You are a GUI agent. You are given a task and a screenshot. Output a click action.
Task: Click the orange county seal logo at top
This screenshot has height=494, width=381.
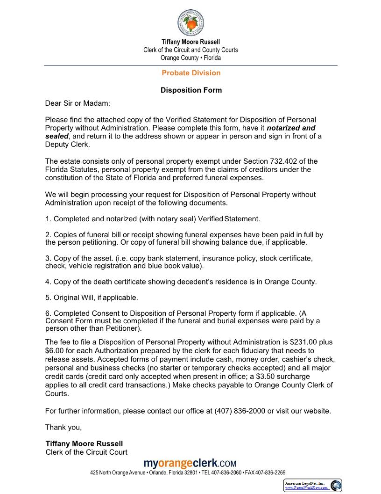[x=190, y=23]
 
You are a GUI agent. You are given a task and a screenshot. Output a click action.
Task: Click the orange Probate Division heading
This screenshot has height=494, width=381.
[x=191, y=73]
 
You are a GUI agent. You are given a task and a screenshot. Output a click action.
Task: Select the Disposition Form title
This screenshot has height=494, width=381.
[x=191, y=90]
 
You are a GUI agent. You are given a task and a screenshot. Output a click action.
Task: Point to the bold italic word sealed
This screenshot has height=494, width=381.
[x=56, y=136]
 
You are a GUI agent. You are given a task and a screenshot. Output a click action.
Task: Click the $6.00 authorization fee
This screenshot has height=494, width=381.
[x=55, y=350]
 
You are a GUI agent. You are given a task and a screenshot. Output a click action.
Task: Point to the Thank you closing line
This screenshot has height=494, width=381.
[x=63, y=427]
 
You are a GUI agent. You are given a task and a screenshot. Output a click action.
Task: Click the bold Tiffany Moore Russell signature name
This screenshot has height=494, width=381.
[x=85, y=443]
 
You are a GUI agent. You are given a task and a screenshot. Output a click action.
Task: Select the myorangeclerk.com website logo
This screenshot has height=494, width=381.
[x=190, y=463]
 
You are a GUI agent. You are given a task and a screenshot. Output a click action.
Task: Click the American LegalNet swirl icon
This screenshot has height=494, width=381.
[x=335, y=485]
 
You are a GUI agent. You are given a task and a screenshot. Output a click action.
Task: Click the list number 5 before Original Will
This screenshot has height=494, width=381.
[x=48, y=298]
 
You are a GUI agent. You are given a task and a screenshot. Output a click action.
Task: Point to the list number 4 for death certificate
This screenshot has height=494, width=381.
[x=48, y=282]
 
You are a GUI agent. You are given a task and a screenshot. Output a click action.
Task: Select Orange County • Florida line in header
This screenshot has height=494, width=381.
[x=190, y=58]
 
